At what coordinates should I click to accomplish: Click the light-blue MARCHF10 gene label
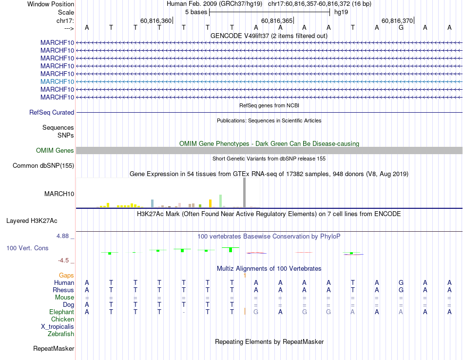[58, 81]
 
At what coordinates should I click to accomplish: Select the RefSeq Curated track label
[52, 112]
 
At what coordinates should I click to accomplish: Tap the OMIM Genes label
[55, 151]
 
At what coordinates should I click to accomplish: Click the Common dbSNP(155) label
[43, 166]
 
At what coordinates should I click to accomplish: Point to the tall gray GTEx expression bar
[245, 193]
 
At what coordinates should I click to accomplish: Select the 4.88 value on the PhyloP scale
[65, 236]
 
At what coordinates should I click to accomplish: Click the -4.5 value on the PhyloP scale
[65, 260]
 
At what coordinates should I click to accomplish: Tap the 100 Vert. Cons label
[27, 248]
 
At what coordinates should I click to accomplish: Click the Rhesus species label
[63, 290]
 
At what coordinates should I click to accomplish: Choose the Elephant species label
[61, 312]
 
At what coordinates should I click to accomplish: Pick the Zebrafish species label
[61, 334]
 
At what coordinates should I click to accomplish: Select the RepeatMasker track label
[54, 349]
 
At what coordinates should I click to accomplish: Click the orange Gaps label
[66, 276]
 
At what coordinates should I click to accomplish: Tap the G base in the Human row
[401, 282]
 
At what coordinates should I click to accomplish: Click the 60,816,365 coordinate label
[277, 21]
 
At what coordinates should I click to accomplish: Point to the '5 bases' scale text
[196, 12]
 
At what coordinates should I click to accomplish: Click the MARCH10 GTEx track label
[59, 194]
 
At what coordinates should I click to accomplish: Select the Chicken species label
[62, 319]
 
